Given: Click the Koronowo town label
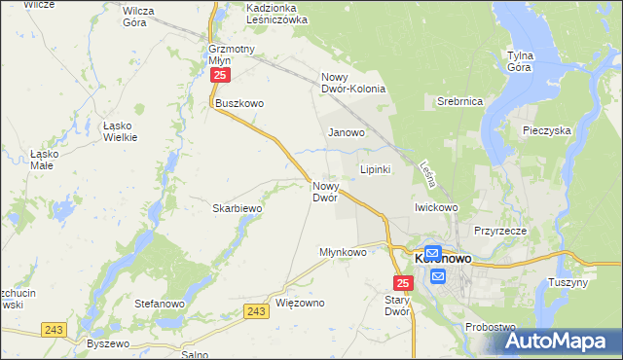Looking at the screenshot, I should coord(444,260).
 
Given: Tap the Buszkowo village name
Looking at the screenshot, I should coord(240,103).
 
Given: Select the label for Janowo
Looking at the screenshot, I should coord(347,132).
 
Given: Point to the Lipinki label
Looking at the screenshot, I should coord(376,169).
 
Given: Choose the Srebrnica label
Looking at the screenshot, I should coord(459,100).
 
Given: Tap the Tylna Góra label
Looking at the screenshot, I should coord(526,61).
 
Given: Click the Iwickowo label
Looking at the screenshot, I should coord(436,207).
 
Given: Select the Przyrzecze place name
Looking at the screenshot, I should coord(500,231).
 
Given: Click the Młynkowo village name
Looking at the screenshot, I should coord(343,252).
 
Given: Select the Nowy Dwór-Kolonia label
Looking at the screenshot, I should coord(354,83).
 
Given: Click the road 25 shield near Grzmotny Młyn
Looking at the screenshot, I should coord(221,75).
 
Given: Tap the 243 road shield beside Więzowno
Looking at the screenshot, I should coord(256,310).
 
